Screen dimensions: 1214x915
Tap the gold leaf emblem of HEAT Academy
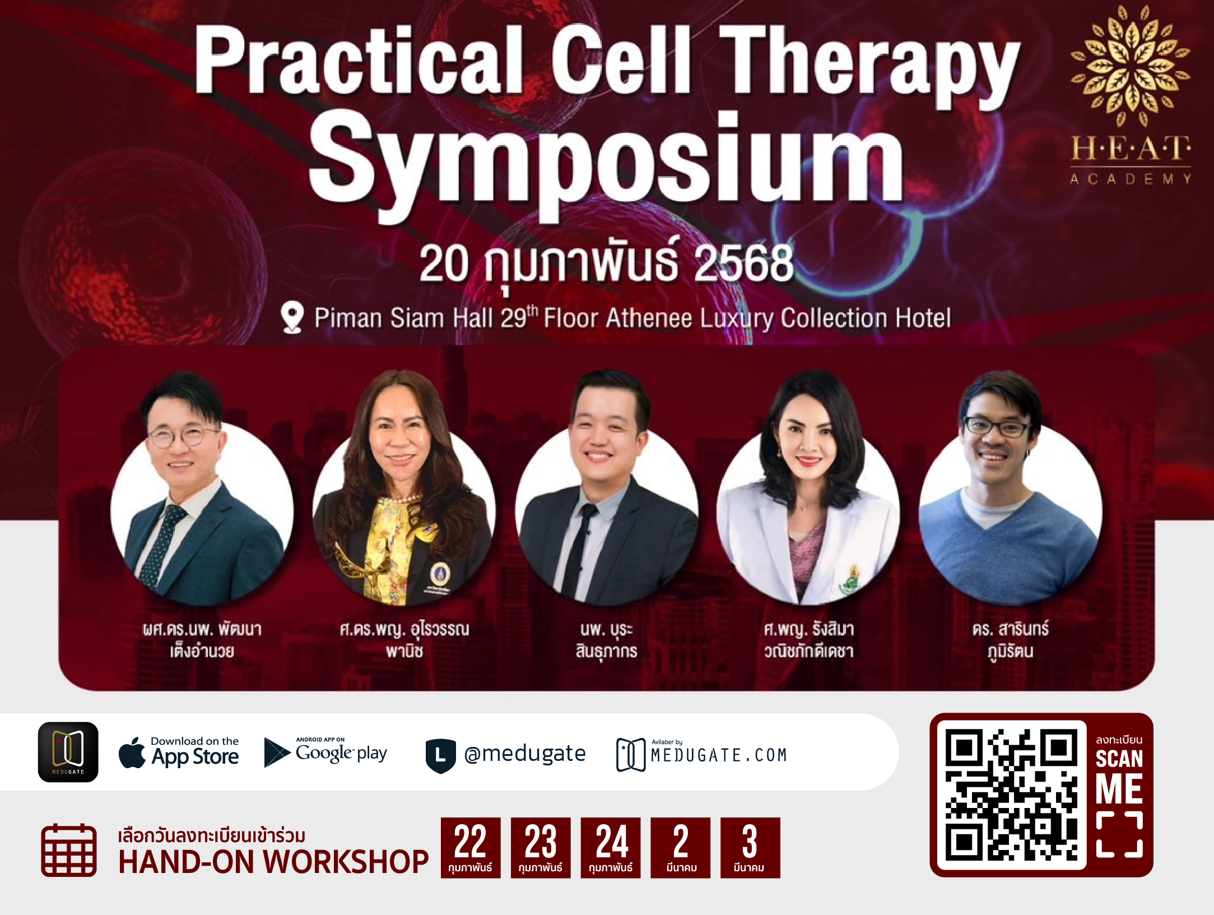coord(1131,66)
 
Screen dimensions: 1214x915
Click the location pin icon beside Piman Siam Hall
coord(292,317)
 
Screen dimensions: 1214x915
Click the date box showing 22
coord(471,848)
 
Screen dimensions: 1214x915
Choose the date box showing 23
coord(541,848)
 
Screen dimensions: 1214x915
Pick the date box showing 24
coord(611,848)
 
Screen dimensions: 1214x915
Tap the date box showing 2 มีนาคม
coord(681,848)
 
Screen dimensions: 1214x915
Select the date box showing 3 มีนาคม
coord(750,848)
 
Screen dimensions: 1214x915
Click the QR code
coord(1011,795)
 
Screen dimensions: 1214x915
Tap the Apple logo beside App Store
coord(132,753)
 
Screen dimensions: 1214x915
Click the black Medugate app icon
coord(68,752)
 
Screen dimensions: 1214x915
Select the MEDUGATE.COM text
coord(719,755)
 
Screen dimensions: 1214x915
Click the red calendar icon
coord(69,850)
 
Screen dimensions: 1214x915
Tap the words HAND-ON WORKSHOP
coord(273,862)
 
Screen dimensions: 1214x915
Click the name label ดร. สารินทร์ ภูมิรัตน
coord(1011,640)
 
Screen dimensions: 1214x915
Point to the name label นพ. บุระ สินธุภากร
coord(607,640)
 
